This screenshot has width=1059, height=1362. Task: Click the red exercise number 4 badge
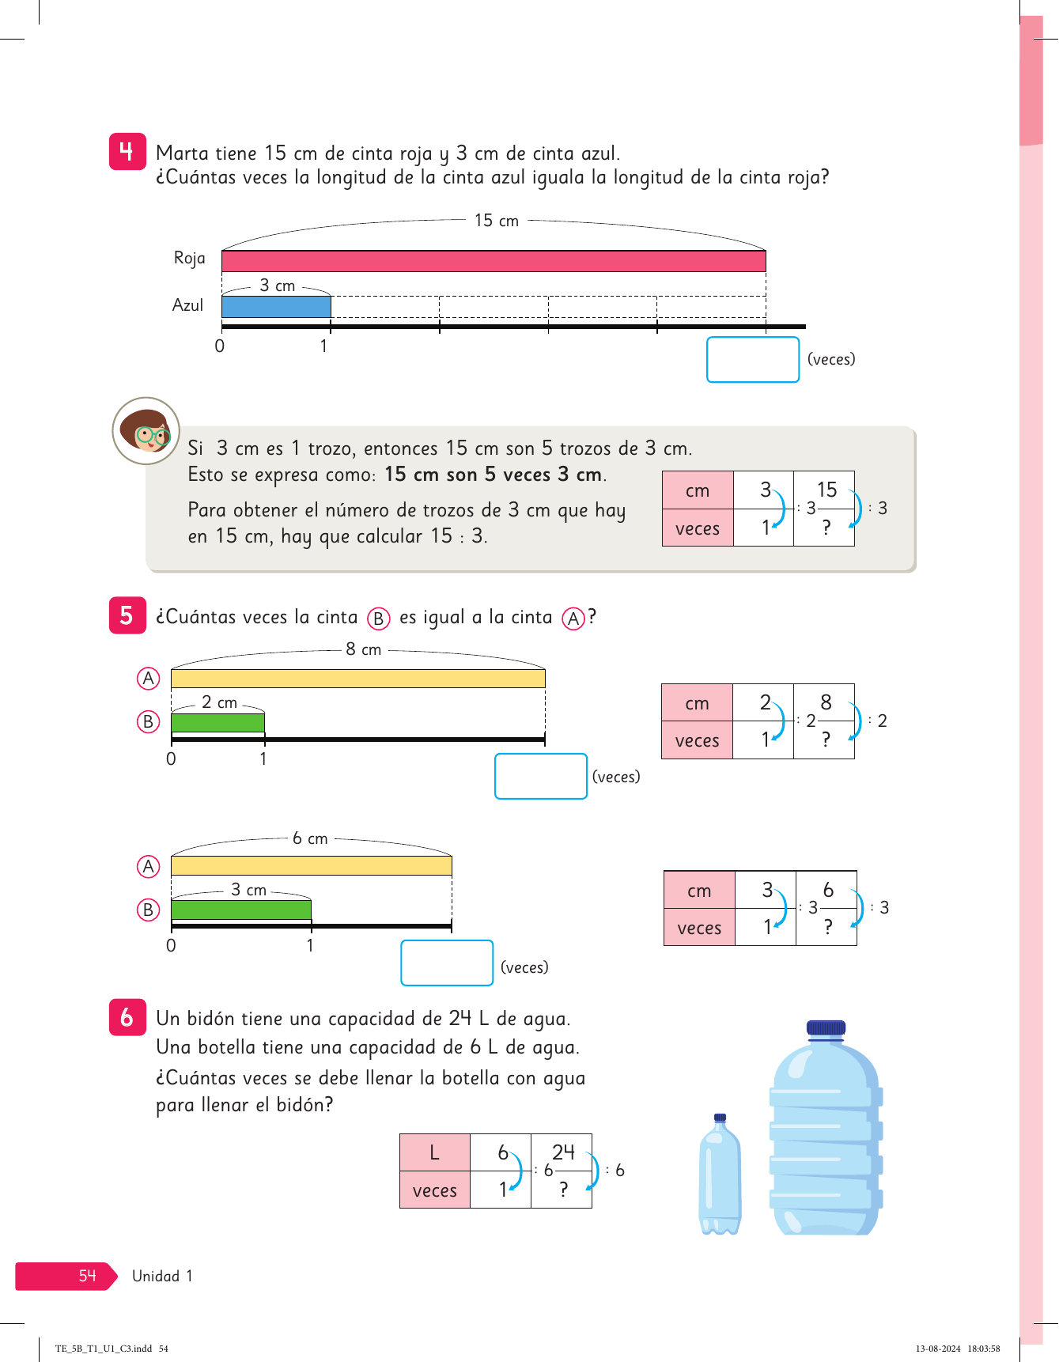pos(127,151)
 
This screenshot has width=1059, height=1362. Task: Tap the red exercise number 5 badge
pos(127,615)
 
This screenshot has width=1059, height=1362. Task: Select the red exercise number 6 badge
pos(127,1017)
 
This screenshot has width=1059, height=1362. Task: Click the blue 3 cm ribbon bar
pos(276,307)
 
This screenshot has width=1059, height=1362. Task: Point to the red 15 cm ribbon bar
pos(494,261)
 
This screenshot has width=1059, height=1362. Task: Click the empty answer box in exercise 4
pos(753,359)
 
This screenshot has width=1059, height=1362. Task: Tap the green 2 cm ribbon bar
pos(217,722)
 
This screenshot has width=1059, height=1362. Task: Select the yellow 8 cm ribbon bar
pos(357,678)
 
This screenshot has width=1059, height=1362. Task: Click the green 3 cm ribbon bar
pos(240,910)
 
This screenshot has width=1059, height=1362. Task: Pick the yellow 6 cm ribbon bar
pos(311,865)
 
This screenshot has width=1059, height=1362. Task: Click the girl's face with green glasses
pos(146,430)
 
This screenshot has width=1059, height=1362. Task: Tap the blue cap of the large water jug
pos(826,1027)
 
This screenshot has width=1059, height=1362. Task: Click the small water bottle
pos(720,1174)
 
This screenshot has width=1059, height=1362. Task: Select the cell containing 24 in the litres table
pos(562,1152)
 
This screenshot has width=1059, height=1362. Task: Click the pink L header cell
pos(435,1152)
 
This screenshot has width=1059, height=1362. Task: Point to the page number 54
pos(87,1275)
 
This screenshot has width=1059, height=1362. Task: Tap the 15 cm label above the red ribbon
pos(497,221)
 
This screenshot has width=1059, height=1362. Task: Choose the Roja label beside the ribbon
pos(190,258)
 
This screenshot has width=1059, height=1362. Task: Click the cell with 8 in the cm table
pos(824,702)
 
